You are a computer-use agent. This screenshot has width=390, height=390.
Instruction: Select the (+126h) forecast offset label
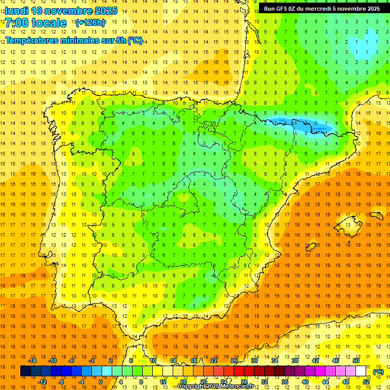pos(90,23)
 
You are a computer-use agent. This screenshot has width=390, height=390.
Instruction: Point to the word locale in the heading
pos(48,23)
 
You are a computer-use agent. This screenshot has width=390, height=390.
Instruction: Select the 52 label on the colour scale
pos(366,382)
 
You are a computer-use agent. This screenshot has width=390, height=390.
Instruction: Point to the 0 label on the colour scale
pos(101,382)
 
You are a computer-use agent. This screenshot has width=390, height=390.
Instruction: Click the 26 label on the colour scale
pos(234,361)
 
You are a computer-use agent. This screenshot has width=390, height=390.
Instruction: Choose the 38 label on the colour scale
pos(295,361)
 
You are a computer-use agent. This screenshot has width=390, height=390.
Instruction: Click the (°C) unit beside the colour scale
pos(378,372)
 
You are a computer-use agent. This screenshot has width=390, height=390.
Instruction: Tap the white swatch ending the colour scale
pos(361,371)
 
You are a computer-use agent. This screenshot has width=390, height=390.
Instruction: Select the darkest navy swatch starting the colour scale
pos(25,371)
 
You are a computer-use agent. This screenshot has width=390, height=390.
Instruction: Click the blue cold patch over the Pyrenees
pos(300,122)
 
